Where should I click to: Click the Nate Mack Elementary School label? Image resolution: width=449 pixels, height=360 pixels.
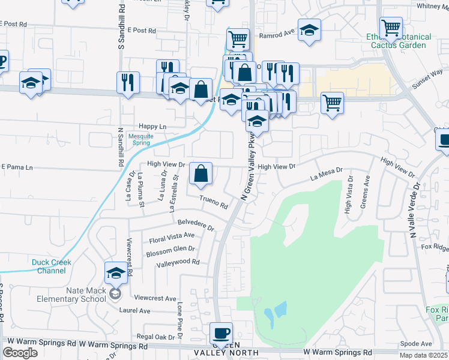point(68,293)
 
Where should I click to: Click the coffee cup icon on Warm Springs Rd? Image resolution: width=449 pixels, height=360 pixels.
point(221,333)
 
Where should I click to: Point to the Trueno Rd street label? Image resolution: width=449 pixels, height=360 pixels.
point(214,202)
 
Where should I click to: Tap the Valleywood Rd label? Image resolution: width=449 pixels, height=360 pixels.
point(177,262)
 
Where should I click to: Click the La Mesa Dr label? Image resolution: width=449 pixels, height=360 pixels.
point(326,174)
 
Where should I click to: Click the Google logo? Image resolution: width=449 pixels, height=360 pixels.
point(20,352)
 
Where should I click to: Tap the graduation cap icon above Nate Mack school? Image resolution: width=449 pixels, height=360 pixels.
point(116,274)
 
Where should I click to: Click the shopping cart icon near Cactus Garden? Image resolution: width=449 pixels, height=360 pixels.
point(391,28)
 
